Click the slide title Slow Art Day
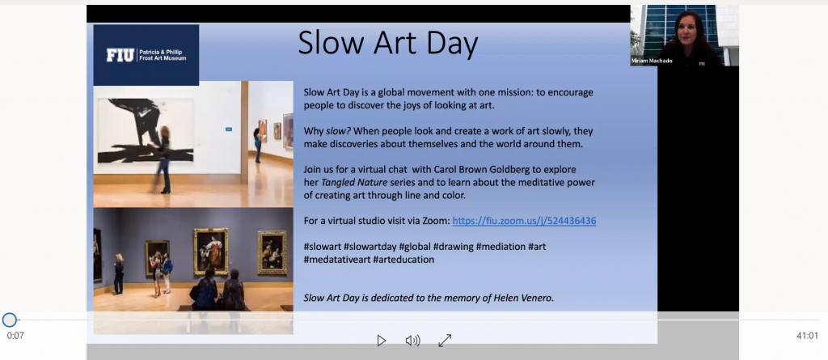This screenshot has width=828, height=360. pyautogui.click(x=388, y=43)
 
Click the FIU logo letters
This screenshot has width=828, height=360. pyautogui.click(x=120, y=55)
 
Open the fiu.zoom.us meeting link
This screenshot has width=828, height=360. pyautogui.click(x=524, y=220)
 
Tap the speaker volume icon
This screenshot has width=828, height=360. pyautogui.click(x=412, y=341)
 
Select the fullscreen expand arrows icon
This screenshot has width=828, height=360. pyautogui.click(x=445, y=341)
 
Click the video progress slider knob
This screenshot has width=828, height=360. pyautogui.click(x=10, y=320)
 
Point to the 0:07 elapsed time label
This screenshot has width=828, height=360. pyautogui.click(x=15, y=336)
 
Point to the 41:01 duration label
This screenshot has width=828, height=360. pyautogui.click(x=808, y=336)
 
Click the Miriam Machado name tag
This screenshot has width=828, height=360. pyautogui.click(x=652, y=61)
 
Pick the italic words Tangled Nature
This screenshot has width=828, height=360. pyautogui.click(x=353, y=182)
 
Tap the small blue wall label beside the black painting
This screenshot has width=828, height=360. pyautogui.click(x=229, y=129)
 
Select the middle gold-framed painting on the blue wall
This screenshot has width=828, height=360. pyautogui.click(x=211, y=251)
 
